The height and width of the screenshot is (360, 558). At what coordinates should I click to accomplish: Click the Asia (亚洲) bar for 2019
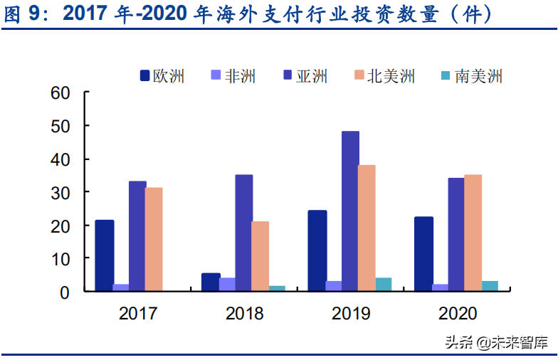coord(350,211)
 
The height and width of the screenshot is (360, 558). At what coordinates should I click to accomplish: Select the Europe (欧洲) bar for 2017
coord(105,255)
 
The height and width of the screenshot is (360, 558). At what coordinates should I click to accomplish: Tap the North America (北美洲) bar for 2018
coord(260,256)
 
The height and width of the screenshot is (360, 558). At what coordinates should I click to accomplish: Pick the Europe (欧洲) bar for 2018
coord(211,282)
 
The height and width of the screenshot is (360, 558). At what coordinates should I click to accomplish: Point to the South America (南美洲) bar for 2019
coord(384,285)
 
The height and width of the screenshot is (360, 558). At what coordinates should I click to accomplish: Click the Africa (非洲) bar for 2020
coord(440,287)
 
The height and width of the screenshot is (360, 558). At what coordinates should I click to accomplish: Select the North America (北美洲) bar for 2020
coord(473,233)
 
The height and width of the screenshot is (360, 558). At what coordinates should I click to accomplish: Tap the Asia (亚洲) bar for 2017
coord(137,236)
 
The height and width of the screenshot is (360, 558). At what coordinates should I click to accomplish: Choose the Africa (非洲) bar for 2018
coord(227,285)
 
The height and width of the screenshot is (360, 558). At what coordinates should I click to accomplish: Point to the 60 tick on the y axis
coord(60,92)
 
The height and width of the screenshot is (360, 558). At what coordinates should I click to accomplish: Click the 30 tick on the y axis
coord(60,192)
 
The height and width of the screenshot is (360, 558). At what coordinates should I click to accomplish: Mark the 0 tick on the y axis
coord(65,292)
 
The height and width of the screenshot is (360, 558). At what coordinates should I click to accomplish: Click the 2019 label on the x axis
coord(351,314)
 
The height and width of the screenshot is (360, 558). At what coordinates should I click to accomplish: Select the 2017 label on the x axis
coord(137,314)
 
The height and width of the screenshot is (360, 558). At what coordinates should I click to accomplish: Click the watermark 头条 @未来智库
coord(497,344)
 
